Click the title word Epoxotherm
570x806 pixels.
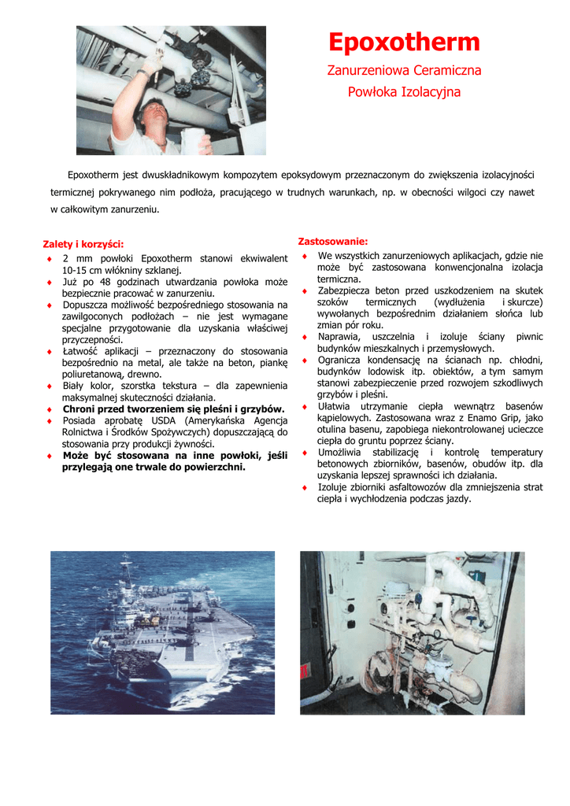[404, 43]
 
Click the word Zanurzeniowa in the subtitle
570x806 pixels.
[365, 71]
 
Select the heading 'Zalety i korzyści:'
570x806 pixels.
[83, 244]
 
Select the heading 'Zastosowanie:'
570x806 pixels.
[332, 241]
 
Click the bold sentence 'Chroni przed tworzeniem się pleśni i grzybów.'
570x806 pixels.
[173, 409]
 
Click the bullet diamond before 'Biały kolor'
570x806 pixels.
[50, 386]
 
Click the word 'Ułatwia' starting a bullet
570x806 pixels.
[334, 407]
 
